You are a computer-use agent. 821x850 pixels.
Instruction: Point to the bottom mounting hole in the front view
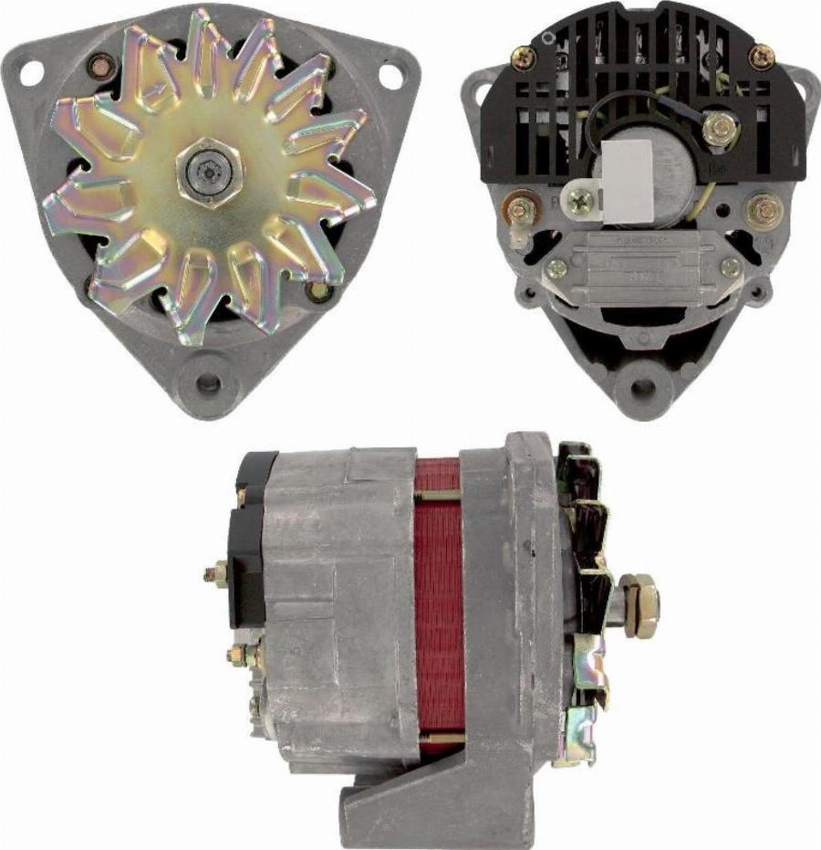pyautogui.click(x=209, y=384)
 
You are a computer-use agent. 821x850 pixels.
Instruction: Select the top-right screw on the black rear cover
pyautogui.click(x=761, y=57)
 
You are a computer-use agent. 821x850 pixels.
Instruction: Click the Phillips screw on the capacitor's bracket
pyautogui.click(x=577, y=202)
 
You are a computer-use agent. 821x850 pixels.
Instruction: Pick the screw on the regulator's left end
pyautogui.click(x=556, y=268)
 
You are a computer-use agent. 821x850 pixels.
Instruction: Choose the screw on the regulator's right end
pyautogui.click(x=730, y=268)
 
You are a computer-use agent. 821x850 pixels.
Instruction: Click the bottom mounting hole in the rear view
pyautogui.click(x=643, y=385)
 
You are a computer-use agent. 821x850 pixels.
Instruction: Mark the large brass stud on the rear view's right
pyautogui.click(x=764, y=211)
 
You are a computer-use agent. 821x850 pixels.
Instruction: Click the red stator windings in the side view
pyautogui.click(x=439, y=612)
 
